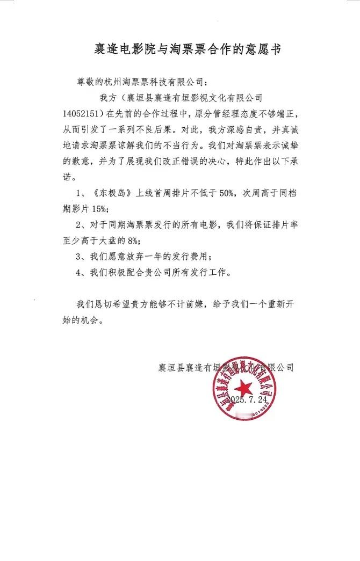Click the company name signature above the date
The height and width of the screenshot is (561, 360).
pos(226,368)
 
